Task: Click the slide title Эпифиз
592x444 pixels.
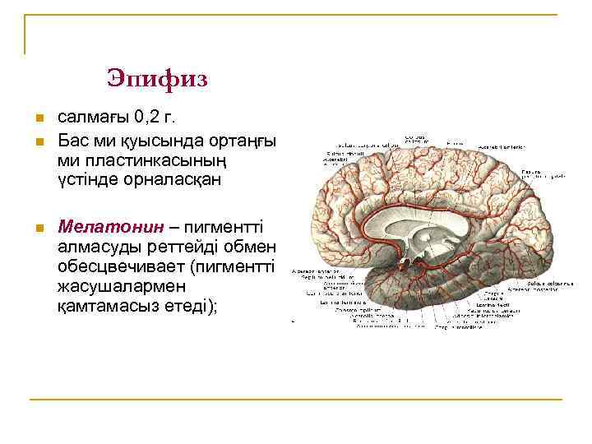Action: [x=156, y=79]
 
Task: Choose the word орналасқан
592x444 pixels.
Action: [x=175, y=178]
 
